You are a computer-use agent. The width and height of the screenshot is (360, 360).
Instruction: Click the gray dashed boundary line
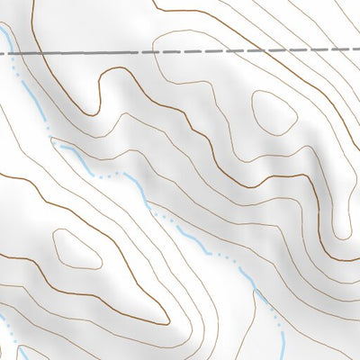[x=225, y=51]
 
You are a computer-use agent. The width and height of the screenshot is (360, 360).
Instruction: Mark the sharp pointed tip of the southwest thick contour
[x=166, y=321]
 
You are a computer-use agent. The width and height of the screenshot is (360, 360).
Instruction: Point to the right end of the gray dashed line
[x=357, y=50]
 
